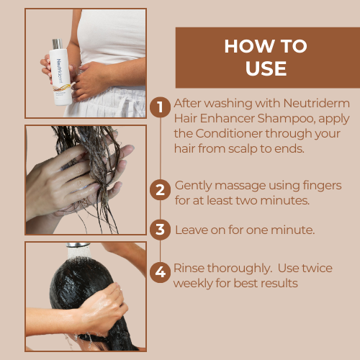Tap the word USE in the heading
[266, 68]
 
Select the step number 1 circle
[160, 107]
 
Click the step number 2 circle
[160, 190]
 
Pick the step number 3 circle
[160, 230]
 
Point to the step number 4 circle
[160, 272]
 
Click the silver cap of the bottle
[58, 44]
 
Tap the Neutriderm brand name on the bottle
[59, 71]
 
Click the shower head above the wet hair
[78, 245]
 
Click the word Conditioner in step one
[229, 133]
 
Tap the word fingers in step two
[322, 186]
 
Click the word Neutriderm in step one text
[316, 104]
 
